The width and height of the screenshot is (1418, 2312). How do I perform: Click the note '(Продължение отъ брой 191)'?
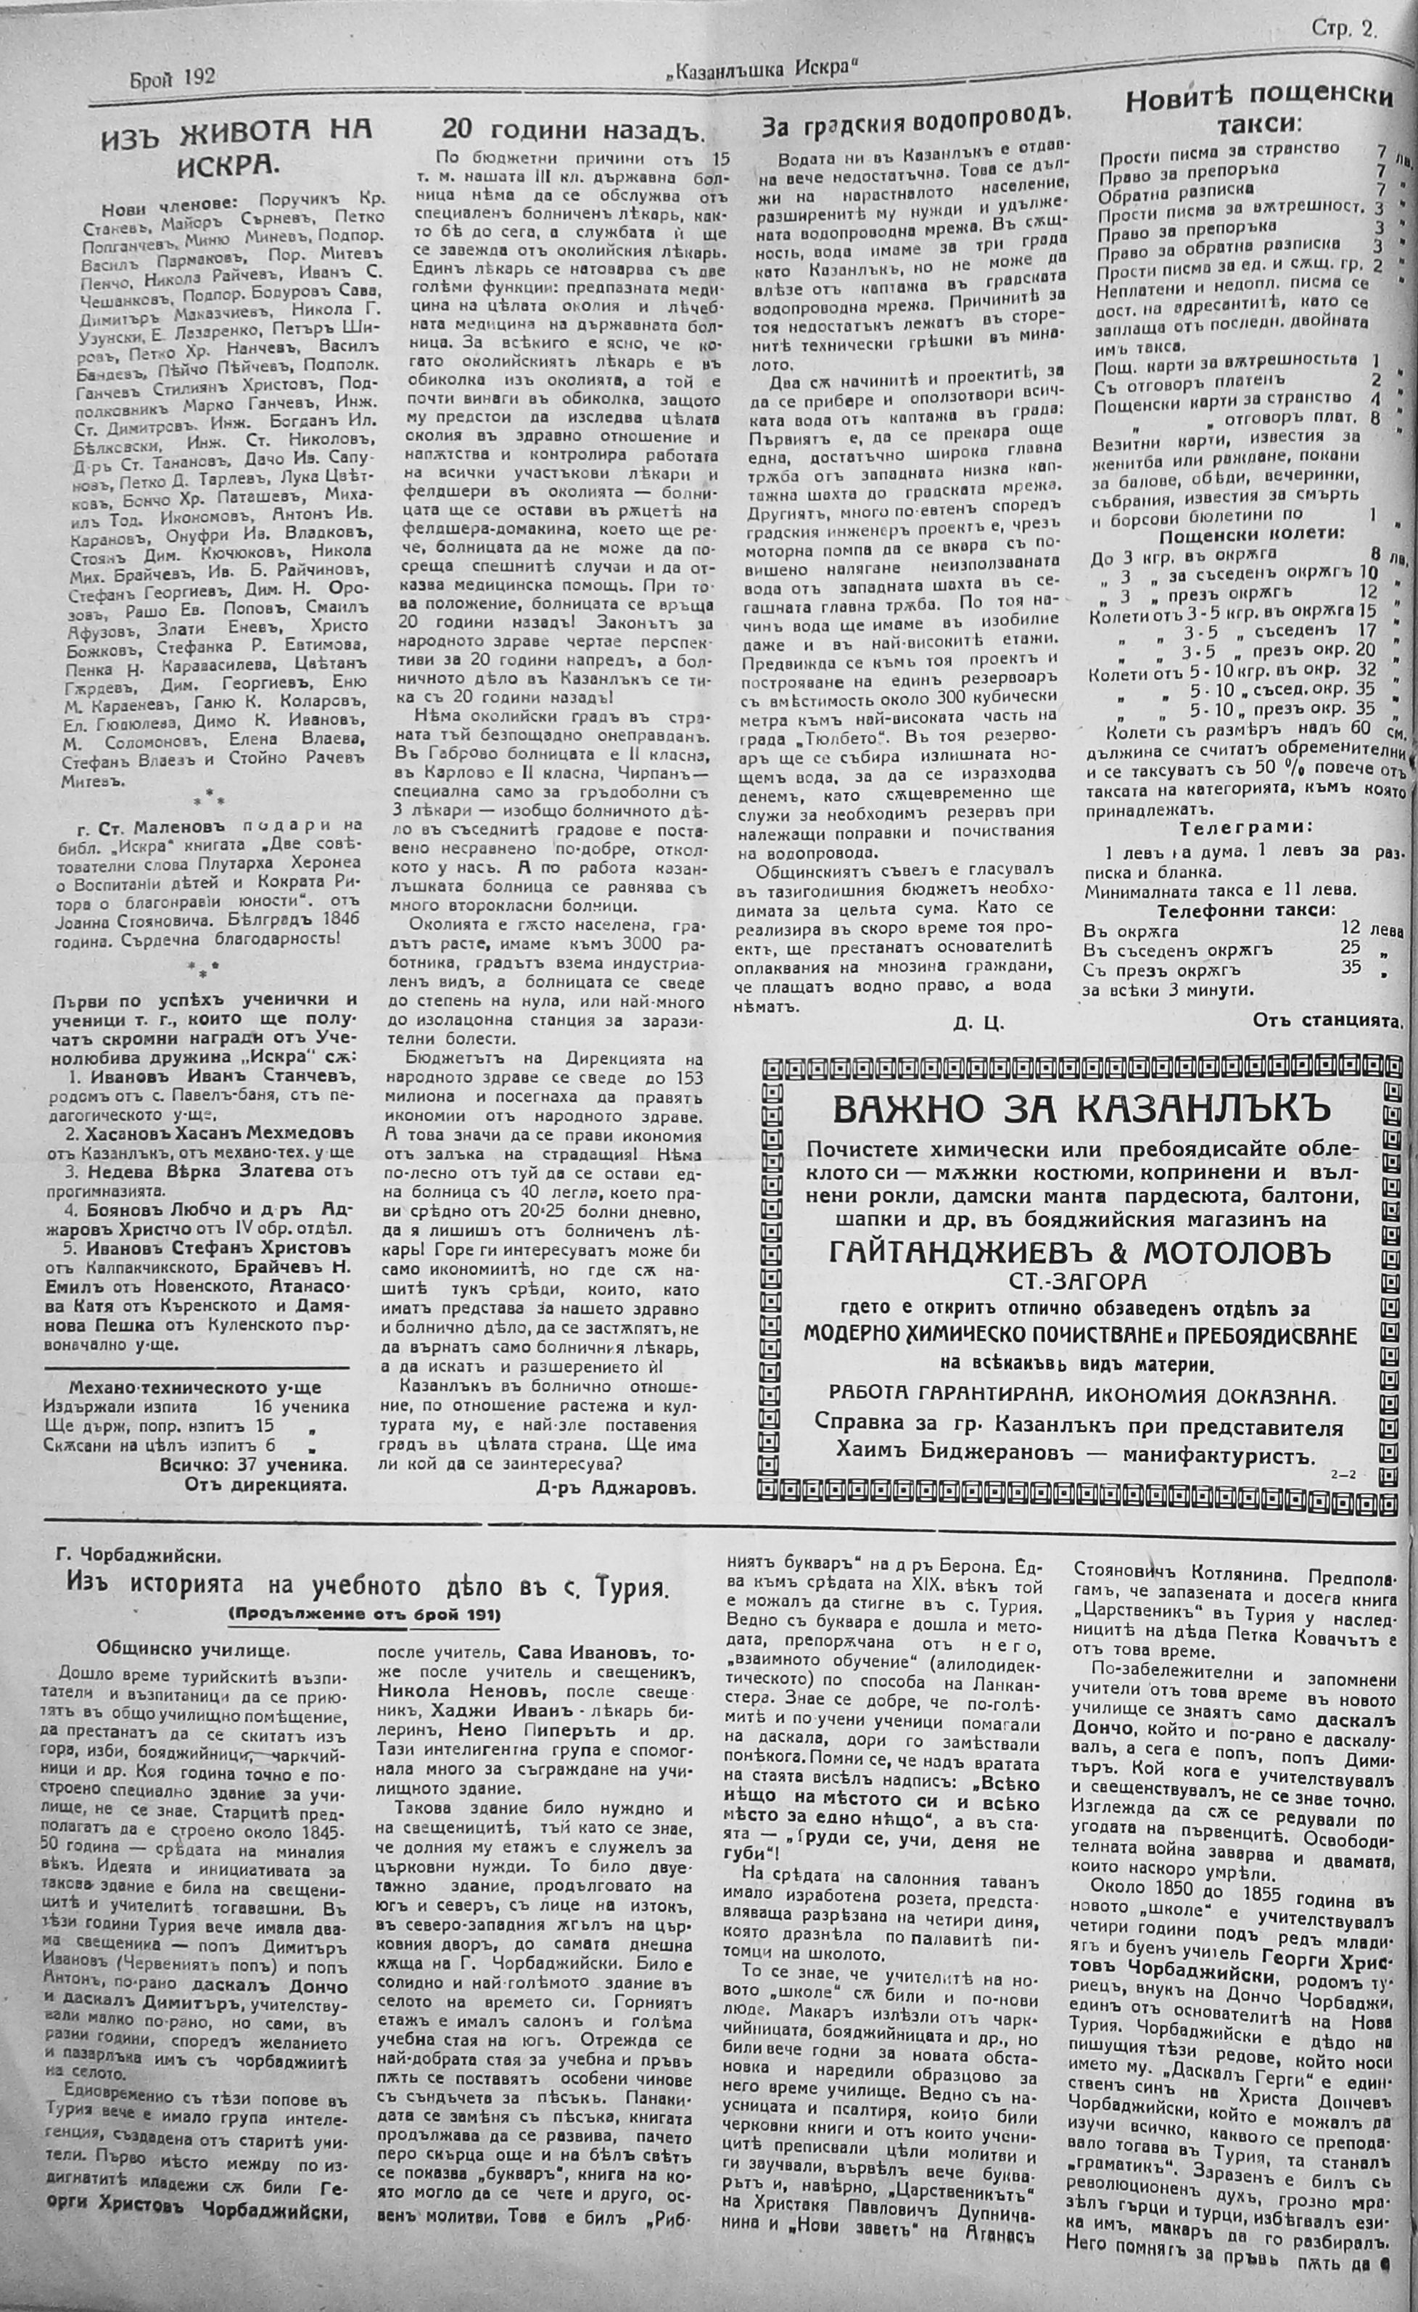(363, 1613)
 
